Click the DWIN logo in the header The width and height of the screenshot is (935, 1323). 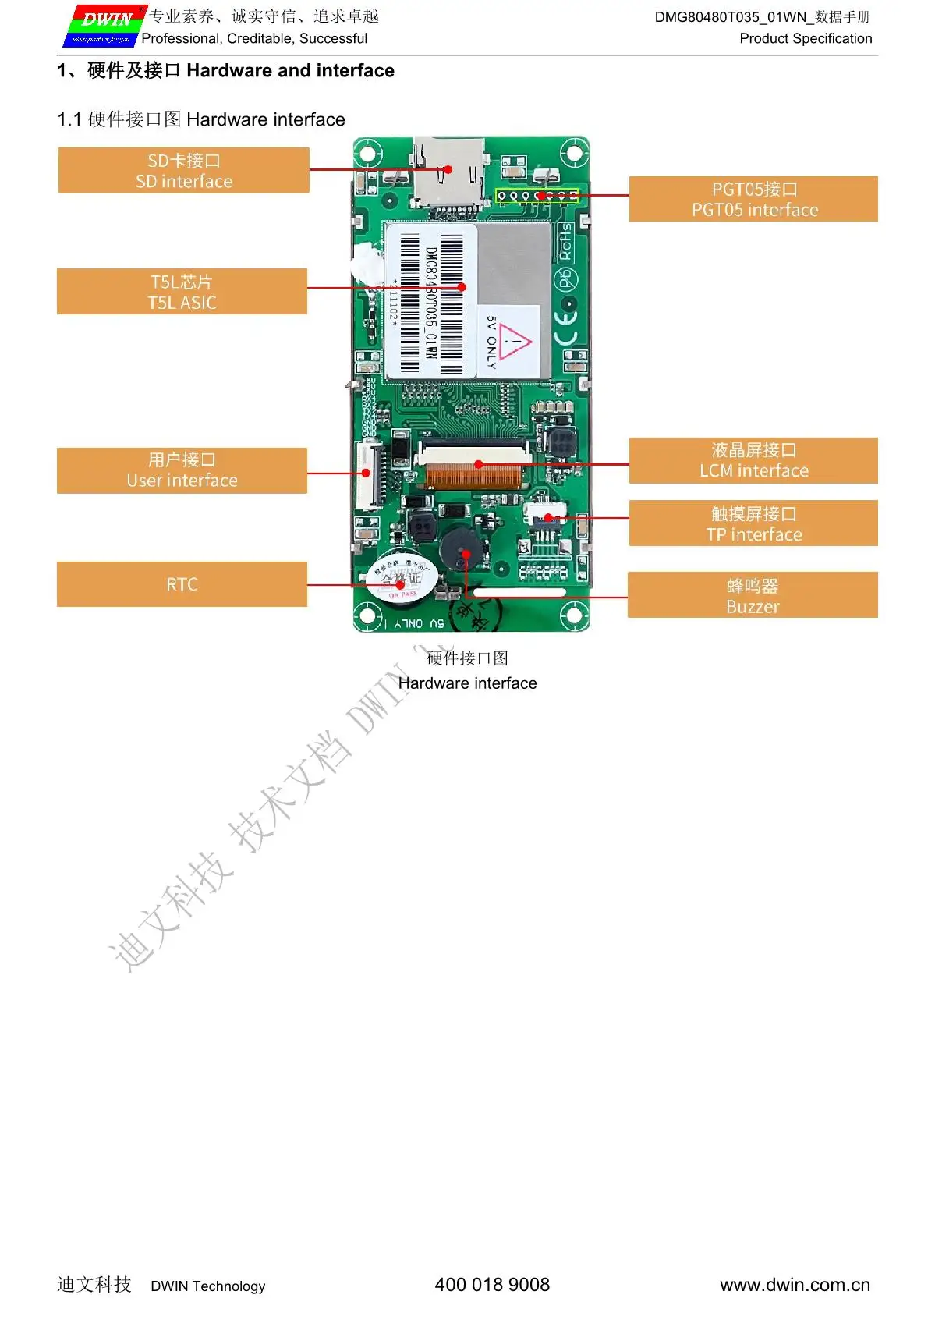(104, 27)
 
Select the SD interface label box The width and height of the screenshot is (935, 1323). (184, 171)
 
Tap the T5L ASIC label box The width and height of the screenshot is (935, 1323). (182, 292)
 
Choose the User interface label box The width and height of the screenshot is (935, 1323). (182, 470)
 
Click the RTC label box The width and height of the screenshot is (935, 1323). (182, 584)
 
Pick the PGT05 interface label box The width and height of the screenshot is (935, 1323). (753, 200)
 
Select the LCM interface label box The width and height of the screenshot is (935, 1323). (753, 460)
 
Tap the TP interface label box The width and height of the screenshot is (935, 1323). (753, 523)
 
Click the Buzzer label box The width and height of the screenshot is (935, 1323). (753, 595)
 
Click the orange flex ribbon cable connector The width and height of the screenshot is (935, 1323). (475, 475)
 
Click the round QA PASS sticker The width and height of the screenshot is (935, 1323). (401, 579)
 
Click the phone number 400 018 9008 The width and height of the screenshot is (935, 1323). (492, 1285)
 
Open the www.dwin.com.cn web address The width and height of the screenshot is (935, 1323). (795, 1285)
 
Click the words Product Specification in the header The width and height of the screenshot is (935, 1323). (806, 38)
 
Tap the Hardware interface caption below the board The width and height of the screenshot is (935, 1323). (467, 683)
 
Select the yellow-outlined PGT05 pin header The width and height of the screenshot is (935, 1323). (537, 195)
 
